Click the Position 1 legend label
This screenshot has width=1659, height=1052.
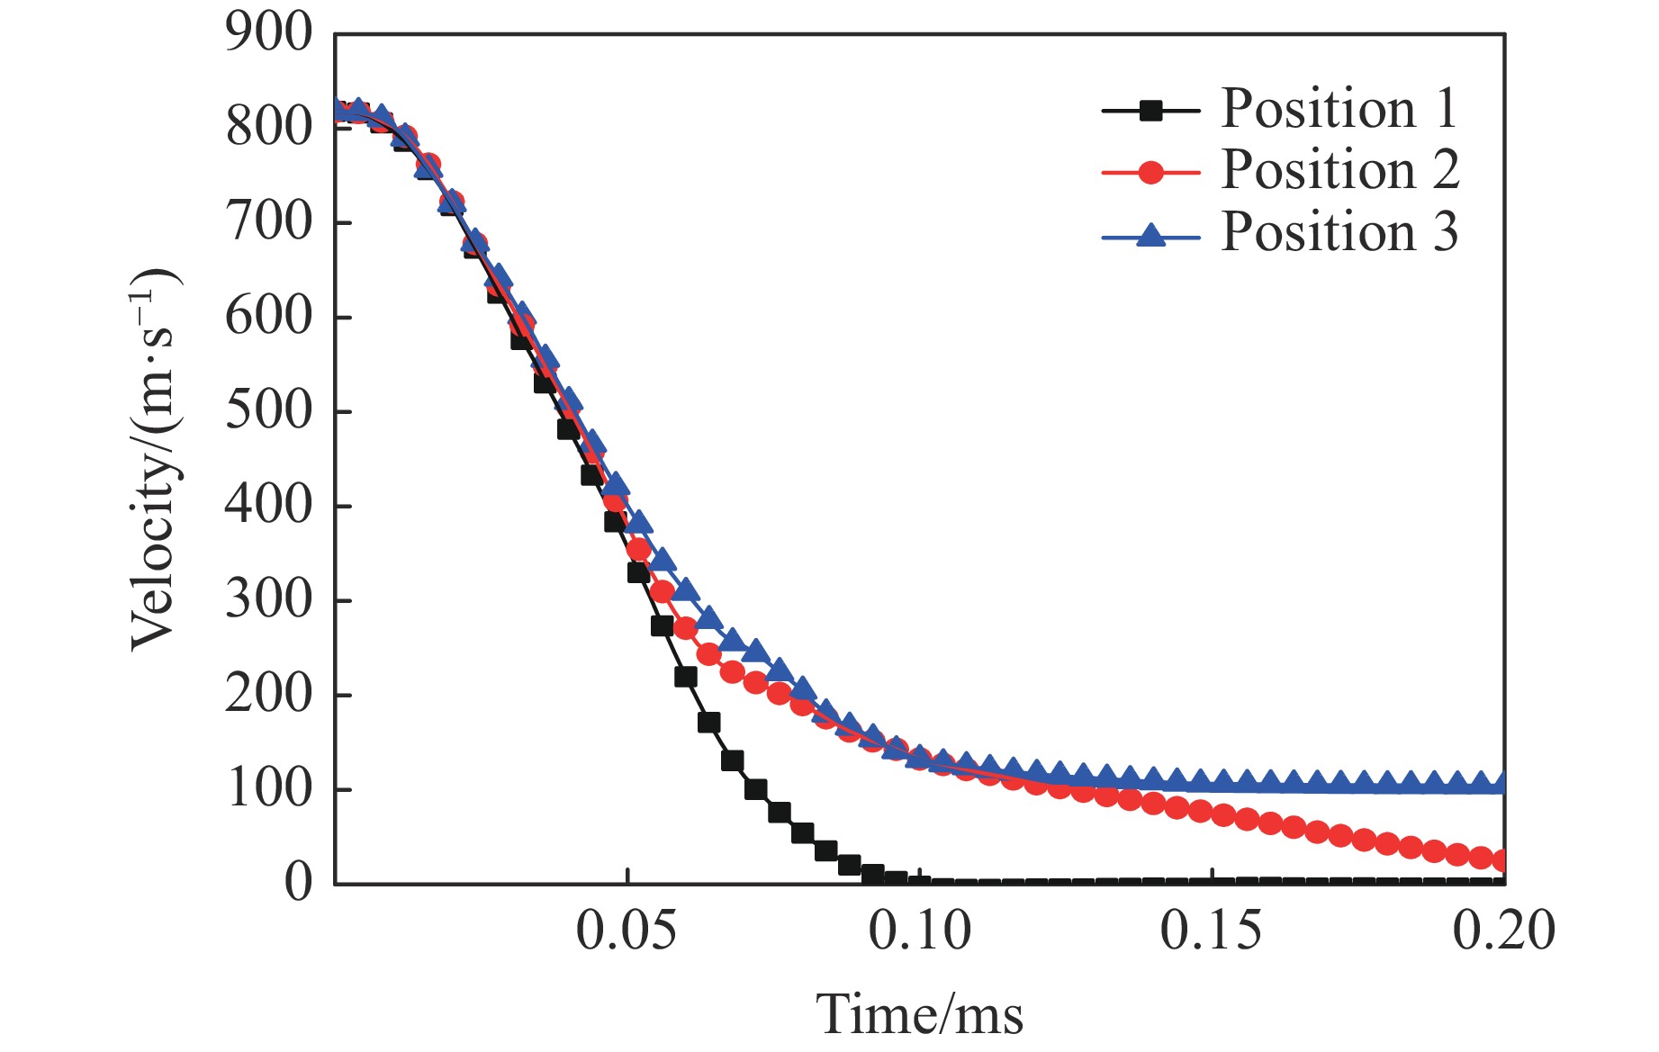click(x=1339, y=109)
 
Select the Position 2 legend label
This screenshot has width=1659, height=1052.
click(x=1339, y=170)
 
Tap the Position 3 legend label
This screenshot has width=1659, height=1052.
click(x=1339, y=232)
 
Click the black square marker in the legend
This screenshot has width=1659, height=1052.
click(x=1150, y=111)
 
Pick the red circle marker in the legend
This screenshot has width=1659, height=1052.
click(x=1150, y=172)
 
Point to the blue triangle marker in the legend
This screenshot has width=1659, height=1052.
click(x=1150, y=236)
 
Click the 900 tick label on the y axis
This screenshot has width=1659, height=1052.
click(x=268, y=34)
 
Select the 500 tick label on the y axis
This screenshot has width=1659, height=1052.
click(x=268, y=411)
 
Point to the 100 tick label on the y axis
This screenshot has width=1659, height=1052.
click(x=268, y=789)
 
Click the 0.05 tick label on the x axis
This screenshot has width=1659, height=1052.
click(x=627, y=931)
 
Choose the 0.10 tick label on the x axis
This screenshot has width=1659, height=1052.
click(x=919, y=931)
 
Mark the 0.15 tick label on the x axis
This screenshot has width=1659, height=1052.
click(x=1212, y=931)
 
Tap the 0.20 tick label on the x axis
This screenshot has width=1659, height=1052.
click(x=1503, y=931)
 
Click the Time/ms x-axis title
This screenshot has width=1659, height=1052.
click(x=919, y=1015)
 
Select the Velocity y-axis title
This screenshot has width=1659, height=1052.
click(x=153, y=459)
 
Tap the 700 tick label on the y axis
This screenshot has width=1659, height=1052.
click(x=268, y=222)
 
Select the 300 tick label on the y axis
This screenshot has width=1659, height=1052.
click(x=268, y=600)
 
